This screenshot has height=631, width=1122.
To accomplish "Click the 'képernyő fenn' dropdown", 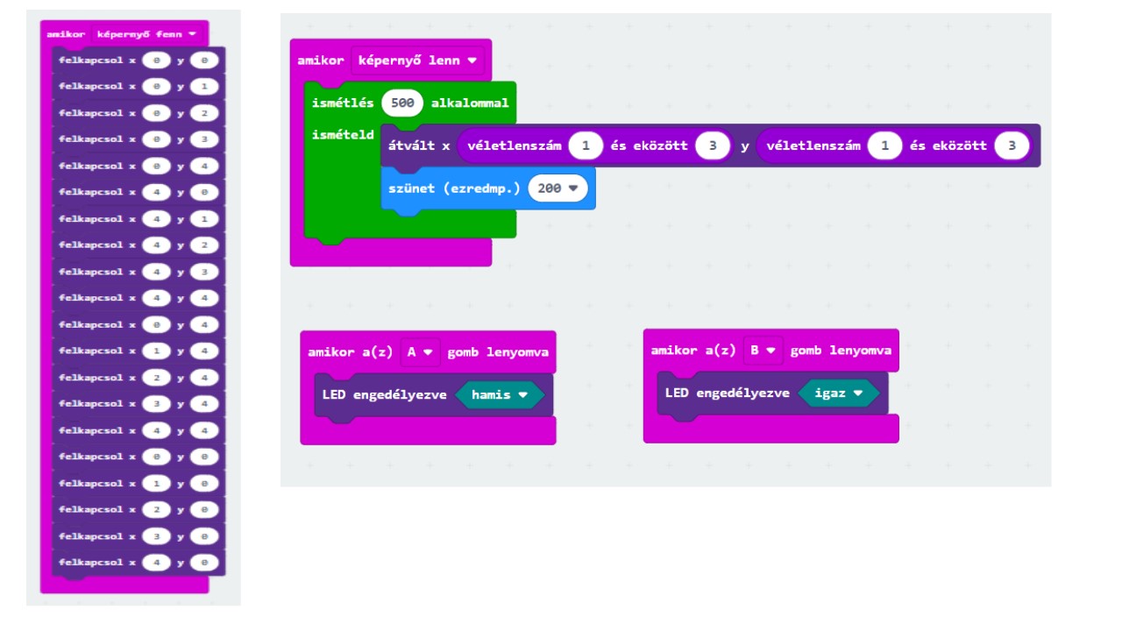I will click(x=146, y=34).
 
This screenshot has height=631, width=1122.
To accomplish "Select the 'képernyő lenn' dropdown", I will click(x=416, y=60).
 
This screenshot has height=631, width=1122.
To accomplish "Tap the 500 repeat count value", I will click(x=402, y=103).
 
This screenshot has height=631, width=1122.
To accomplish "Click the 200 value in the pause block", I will click(x=557, y=188).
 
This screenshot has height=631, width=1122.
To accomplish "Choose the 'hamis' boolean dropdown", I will click(x=500, y=394).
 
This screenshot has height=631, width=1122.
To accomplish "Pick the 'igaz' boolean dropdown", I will click(x=838, y=393).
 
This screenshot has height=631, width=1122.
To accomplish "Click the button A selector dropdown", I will click(x=420, y=352).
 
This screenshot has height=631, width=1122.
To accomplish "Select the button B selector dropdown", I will click(x=763, y=351).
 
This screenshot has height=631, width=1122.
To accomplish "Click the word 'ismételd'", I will click(x=343, y=135).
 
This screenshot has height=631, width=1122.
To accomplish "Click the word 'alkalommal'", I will click(x=470, y=103).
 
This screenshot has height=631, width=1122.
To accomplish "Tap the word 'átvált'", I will click(x=411, y=145).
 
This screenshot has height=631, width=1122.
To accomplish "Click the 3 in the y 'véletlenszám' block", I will click(x=1012, y=145).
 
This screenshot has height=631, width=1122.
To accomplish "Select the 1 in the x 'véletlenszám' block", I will click(x=586, y=145).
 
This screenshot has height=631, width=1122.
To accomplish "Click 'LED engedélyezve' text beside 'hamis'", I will click(x=384, y=394).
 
